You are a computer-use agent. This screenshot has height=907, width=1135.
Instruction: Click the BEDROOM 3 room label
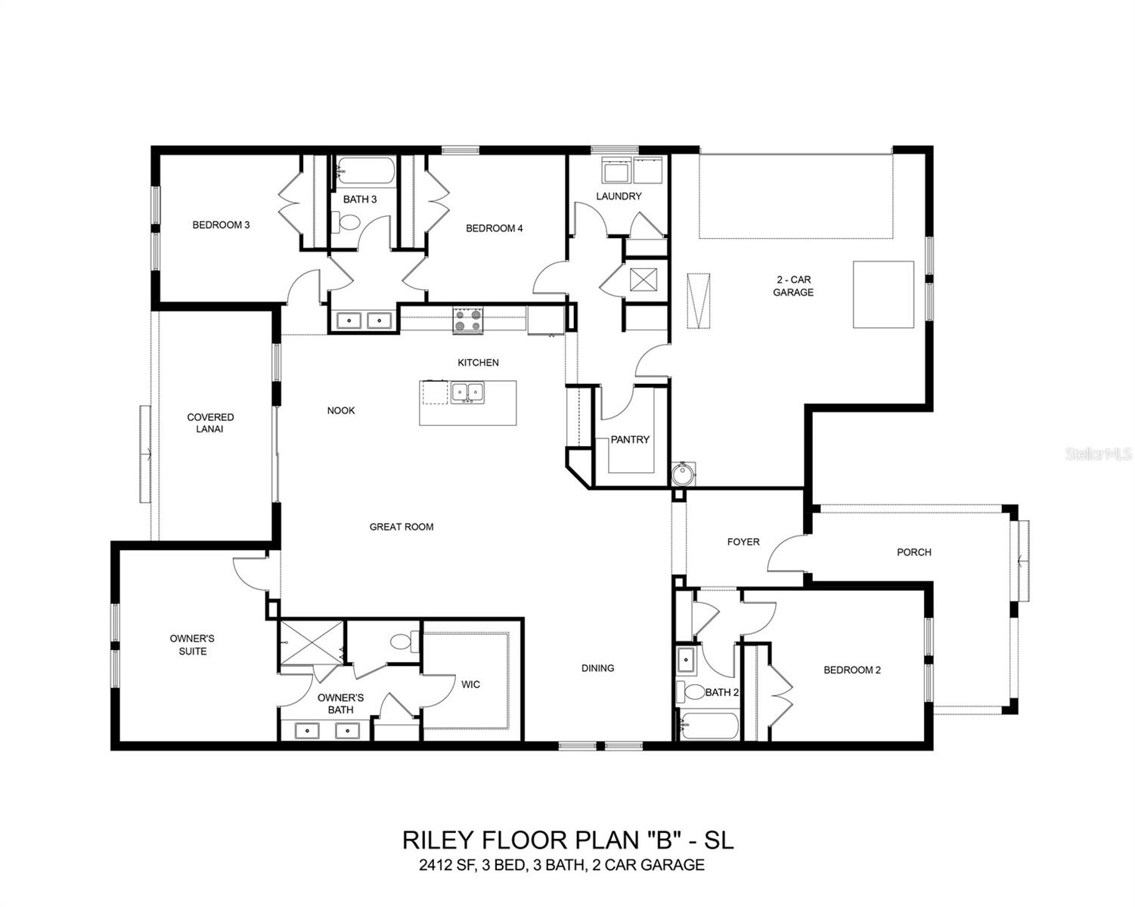pos(221,224)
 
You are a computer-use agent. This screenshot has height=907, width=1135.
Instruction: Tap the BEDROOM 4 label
pos(494,228)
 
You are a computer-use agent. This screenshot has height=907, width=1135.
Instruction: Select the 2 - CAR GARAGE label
pos(793,286)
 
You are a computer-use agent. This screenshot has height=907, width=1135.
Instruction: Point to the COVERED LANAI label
pos(210,423)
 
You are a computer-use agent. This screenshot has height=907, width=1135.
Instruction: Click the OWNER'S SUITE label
pos(192,645)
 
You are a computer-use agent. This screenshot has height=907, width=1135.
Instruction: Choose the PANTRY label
pos(630,439)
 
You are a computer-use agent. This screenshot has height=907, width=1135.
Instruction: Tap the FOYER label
pos(743,542)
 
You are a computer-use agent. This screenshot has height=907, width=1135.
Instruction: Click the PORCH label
pos(913,552)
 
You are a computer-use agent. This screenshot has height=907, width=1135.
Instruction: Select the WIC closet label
pos(470,685)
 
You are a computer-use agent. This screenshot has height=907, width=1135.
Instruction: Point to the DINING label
pos(597,668)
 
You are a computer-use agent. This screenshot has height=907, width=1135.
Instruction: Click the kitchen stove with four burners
pos(467,320)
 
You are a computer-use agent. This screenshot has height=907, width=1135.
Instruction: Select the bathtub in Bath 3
pos(365,172)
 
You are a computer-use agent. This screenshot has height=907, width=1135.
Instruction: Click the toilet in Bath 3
pos(349,223)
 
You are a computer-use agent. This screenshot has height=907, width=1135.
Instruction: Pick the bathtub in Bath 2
pos(709,726)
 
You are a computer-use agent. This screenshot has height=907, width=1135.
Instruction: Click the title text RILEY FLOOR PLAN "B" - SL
pos(567,840)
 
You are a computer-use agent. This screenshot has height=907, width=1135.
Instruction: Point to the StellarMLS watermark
pos(1098,453)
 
